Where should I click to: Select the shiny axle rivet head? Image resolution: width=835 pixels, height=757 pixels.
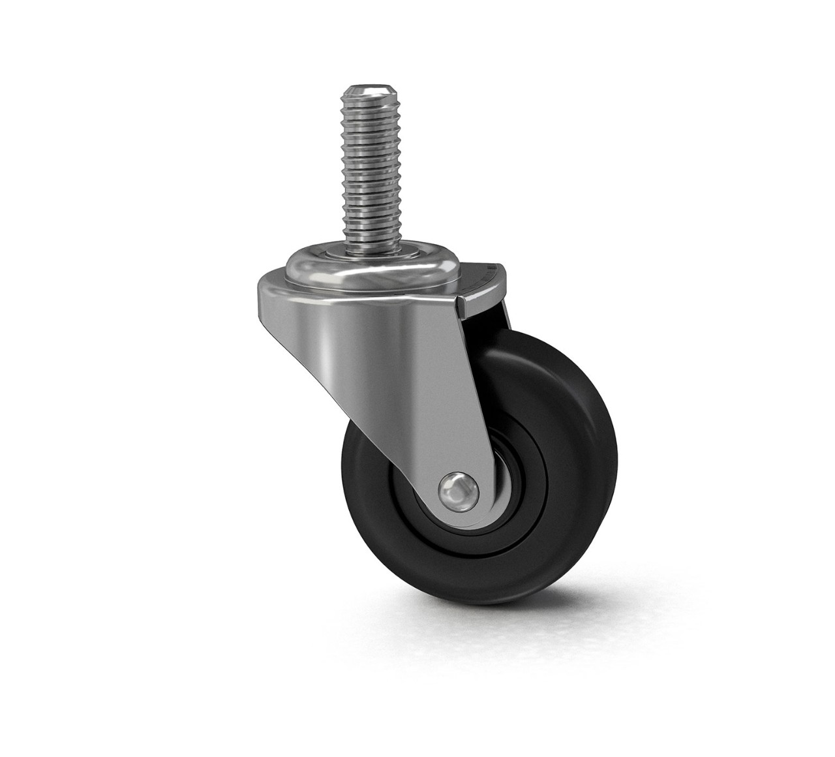click(457, 487)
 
